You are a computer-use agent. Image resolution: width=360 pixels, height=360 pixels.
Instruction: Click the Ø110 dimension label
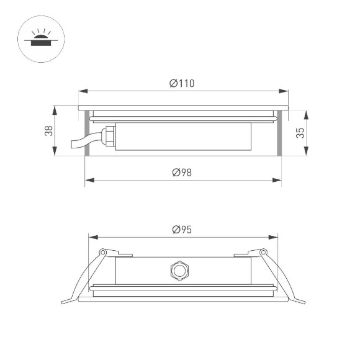(182, 84)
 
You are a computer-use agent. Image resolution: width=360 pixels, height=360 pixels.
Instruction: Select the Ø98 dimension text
(182, 172)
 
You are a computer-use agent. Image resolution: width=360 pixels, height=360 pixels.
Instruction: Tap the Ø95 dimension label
(182, 229)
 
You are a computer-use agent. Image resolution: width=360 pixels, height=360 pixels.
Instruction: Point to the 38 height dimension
(48, 131)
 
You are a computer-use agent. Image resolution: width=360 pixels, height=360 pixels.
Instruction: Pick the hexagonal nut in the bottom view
(180, 271)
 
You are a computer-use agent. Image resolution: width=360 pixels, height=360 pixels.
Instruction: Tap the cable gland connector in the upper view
(109, 134)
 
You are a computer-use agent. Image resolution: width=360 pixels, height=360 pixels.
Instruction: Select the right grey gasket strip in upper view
(281, 132)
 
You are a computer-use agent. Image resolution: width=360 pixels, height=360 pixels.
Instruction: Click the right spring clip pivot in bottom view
(263, 252)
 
